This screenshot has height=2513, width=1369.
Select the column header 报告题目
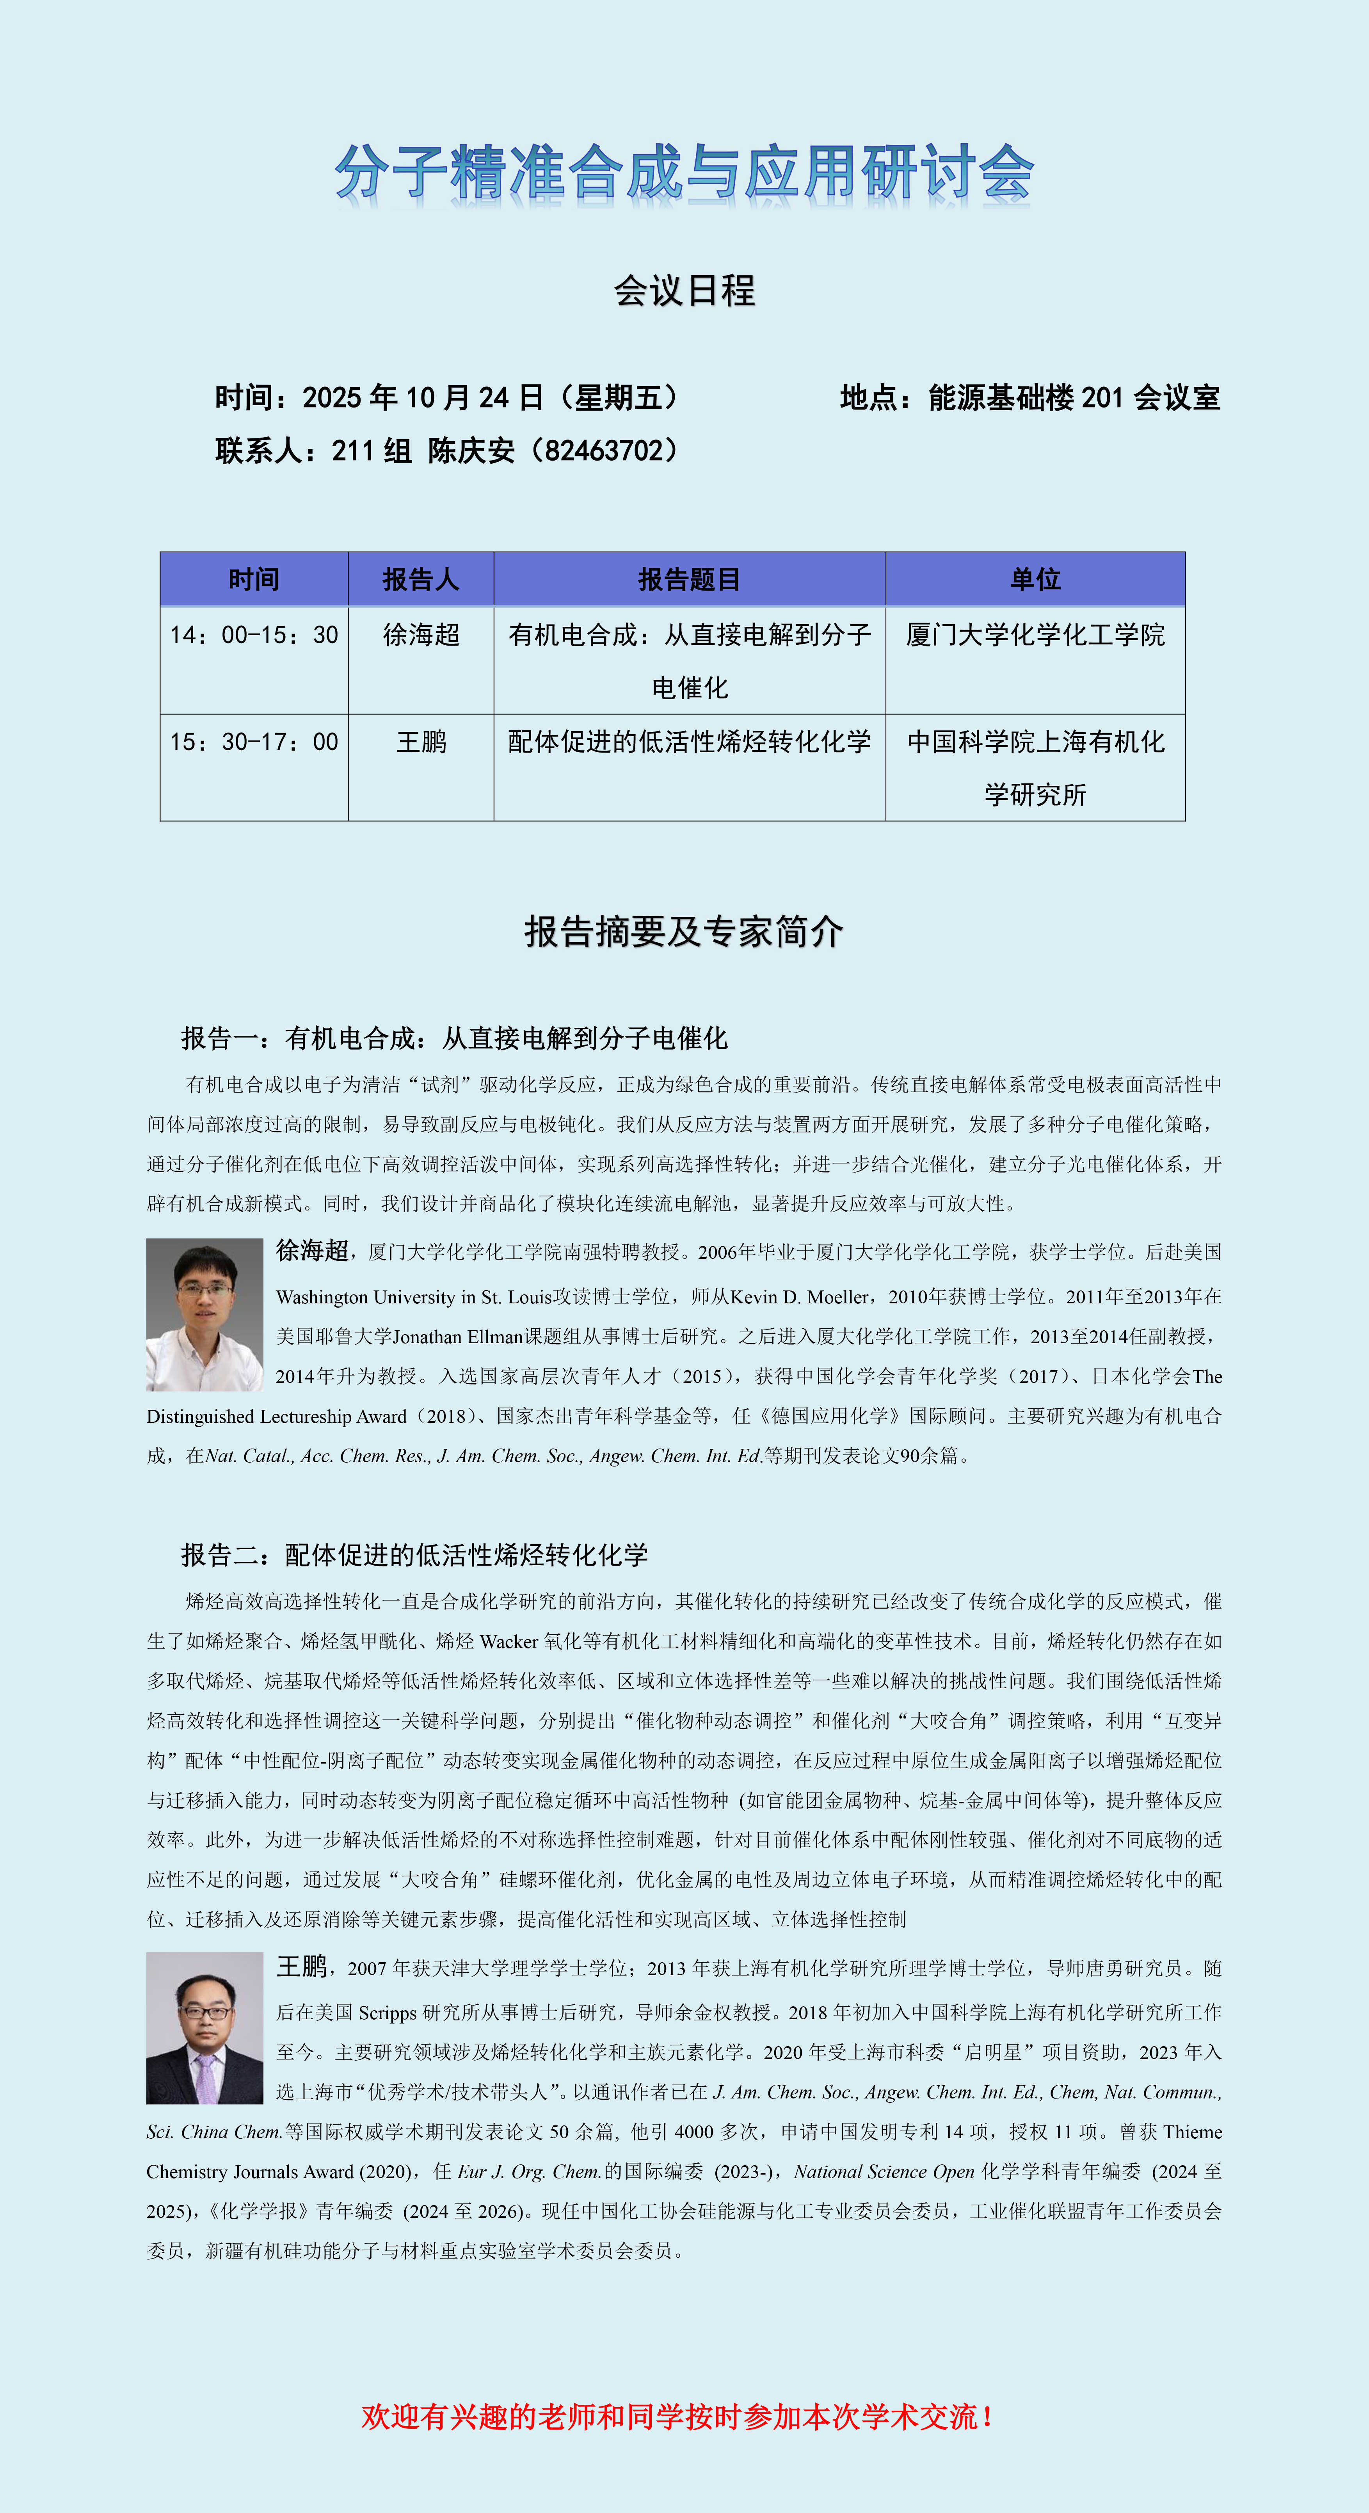[689, 580]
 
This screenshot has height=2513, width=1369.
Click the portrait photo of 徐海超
[205, 1314]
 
